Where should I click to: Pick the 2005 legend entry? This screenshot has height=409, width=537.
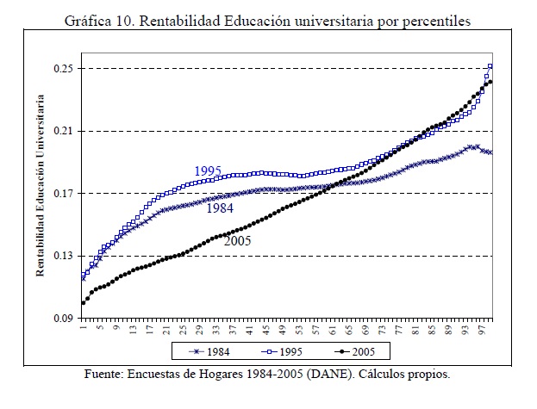363,351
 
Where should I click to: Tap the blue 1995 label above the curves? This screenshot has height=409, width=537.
208,170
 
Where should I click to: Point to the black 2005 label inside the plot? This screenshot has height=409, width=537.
237,242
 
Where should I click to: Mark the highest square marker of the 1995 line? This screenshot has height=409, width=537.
490,66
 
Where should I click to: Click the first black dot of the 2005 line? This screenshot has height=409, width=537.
84,302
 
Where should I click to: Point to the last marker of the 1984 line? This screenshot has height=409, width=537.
490,152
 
